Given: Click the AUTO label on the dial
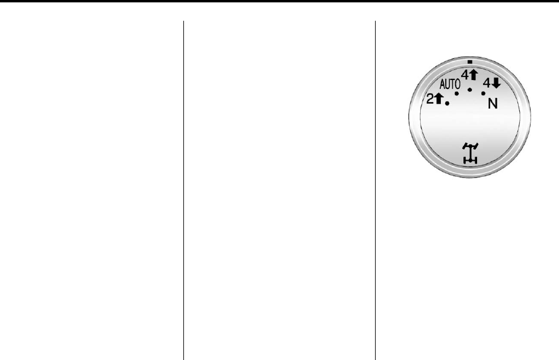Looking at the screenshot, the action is pyautogui.click(x=450, y=84).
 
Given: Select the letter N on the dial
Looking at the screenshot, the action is pyautogui.click(x=493, y=104).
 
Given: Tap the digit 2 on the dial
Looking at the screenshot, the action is pyautogui.click(x=430, y=98).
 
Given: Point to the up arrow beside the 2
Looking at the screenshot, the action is pyautogui.click(x=439, y=98).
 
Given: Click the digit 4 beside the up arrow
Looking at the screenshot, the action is pyautogui.click(x=465, y=75).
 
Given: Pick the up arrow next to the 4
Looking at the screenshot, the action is pyautogui.click(x=474, y=75).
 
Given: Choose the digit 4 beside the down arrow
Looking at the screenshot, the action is pyautogui.click(x=487, y=84).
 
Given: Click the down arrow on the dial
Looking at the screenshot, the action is pyautogui.click(x=496, y=84).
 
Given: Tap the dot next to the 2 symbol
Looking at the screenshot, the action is pyautogui.click(x=447, y=103).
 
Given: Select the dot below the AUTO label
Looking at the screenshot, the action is pyautogui.click(x=457, y=94).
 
